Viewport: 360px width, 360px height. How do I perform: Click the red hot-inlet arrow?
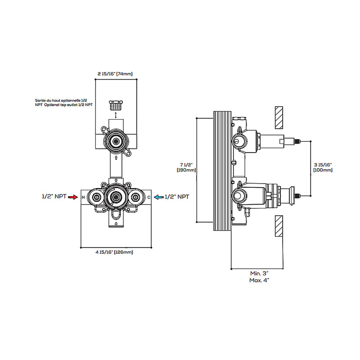coord(75,197)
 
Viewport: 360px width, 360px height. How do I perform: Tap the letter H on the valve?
coord(83,197)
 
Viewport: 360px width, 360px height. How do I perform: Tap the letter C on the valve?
coord(149,197)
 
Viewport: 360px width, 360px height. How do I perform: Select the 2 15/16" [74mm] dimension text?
coord(115,73)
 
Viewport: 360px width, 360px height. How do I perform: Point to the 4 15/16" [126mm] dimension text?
coord(114,252)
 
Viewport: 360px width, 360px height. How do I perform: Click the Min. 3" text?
coord(260,273)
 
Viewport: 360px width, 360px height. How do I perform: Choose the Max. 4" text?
coord(260,280)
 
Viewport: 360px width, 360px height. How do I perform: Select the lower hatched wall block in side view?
coord(279,225)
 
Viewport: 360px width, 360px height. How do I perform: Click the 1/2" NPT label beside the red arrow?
coord(54,197)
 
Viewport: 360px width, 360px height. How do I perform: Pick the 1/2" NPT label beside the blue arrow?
coord(177,197)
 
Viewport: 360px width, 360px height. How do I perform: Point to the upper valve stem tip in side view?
coord(297,141)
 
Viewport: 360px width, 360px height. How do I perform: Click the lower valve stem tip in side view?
coord(297,195)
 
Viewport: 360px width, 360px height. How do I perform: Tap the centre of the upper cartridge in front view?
coord(117,141)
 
